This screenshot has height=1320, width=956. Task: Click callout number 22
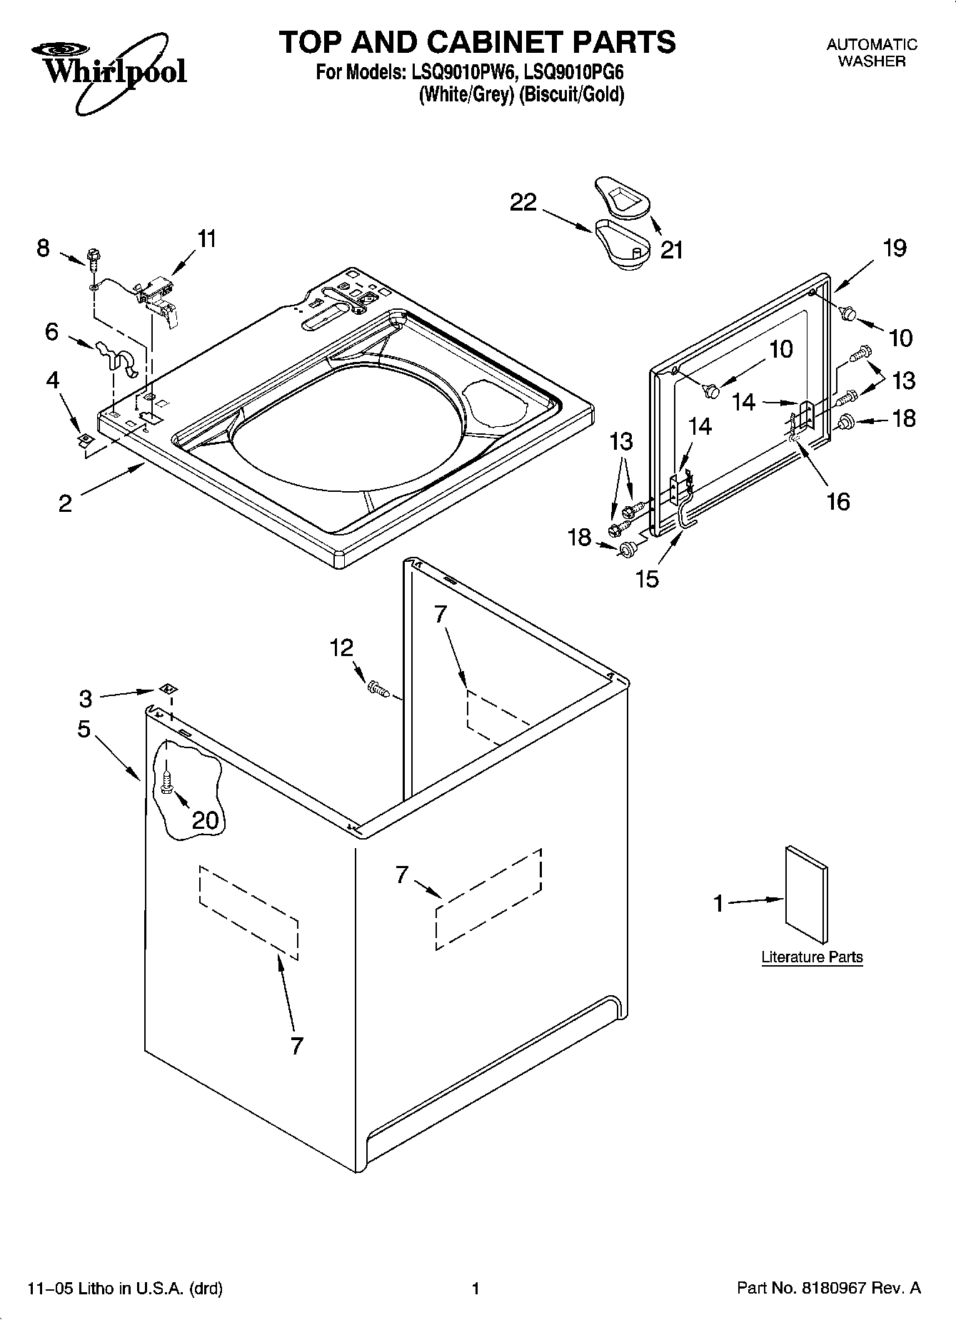point(523,203)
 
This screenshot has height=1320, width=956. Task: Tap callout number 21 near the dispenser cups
point(671,250)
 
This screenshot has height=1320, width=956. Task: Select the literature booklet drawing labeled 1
point(807,895)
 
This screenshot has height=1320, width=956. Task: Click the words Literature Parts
point(812,957)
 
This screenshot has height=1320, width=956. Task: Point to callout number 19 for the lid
point(894,248)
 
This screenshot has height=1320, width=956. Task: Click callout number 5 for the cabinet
point(84,729)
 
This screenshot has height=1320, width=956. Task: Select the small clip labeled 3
point(169,689)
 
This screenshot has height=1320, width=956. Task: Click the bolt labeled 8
point(92,257)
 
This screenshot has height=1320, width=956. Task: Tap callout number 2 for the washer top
point(65,504)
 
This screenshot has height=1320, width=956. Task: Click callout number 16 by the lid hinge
point(837,501)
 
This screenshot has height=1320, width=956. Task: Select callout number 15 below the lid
point(648,579)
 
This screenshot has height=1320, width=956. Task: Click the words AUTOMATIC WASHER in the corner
point(871,53)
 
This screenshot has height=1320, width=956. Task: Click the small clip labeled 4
point(85,439)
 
